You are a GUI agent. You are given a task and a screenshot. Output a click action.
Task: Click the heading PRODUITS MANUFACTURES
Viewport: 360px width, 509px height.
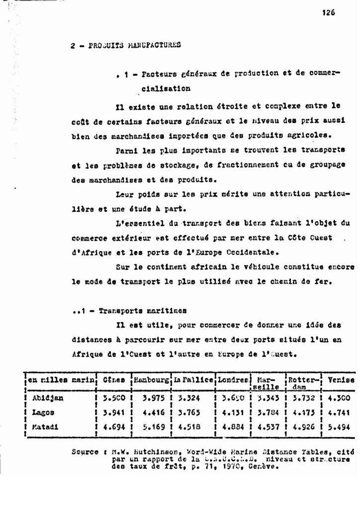click(134, 45)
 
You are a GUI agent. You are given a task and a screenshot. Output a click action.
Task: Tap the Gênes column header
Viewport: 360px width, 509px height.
click(113, 380)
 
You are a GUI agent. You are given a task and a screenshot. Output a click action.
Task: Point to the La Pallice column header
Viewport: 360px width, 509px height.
click(193, 380)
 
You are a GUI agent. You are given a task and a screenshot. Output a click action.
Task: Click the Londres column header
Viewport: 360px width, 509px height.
click(233, 380)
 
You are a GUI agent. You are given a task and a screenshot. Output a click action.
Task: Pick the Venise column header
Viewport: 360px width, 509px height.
click(341, 380)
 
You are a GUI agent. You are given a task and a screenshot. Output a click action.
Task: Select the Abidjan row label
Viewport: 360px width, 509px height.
click(48, 398)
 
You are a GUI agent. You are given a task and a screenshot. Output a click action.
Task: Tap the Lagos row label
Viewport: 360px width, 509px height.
click(43, 412)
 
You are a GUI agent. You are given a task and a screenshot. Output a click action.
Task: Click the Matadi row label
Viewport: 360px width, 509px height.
click(45, 426)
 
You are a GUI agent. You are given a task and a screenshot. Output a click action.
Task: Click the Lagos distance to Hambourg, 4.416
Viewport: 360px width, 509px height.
click(153, 412)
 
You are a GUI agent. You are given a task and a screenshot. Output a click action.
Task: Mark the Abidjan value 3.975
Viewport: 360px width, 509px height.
click(153, 398)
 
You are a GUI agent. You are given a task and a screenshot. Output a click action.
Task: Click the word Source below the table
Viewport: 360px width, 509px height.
click(85, 452)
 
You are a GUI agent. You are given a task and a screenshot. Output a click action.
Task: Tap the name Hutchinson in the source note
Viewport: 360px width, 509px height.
click(149, 452)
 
